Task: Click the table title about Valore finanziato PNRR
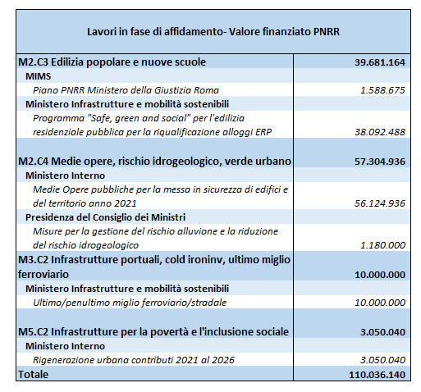213,31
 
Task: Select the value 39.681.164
380,62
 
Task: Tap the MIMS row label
38,76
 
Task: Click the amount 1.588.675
382,90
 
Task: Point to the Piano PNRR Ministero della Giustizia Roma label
126,90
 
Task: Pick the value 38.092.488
380,132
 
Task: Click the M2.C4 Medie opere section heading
154,162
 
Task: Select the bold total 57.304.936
380,162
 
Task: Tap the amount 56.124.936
380,203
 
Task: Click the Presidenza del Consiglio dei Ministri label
105,217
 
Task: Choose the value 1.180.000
382,245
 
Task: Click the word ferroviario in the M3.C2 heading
43,274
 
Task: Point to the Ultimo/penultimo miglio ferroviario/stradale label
130,303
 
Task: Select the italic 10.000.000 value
380,303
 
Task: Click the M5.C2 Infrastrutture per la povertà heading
153,332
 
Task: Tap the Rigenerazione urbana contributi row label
134,360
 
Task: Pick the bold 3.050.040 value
382,332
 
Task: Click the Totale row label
33,375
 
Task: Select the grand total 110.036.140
377,375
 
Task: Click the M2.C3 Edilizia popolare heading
112,62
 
